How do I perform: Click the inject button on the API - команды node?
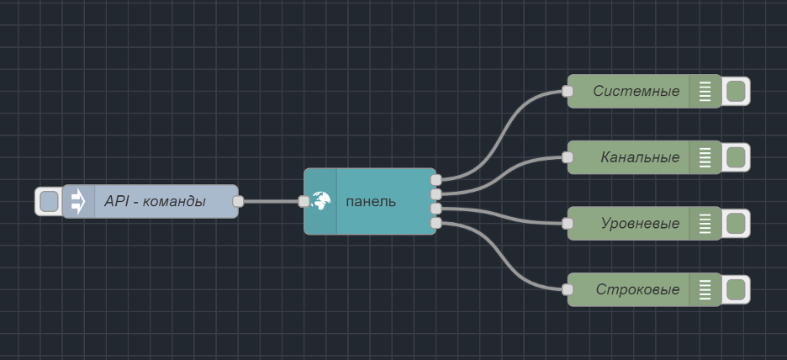pyautogui.click(x=49, y=202)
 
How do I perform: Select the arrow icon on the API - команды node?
pyautogui.click(x=78, y=202)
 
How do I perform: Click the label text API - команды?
pyautogui.click(x=155, y=202)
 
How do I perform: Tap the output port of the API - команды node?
pyautogui.click(x=238, y=202)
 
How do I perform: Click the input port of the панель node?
pyautogui.click(x=304, y=202)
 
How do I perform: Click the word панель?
pyautogui.click(x=371, y=202)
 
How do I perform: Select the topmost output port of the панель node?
pyautogui.click(x=436, y=179)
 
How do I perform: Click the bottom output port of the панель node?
pyautogui.click(x=436, y=223)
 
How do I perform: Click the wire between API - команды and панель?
pyautogui.click(x=271, y=202)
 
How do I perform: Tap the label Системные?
pyautogui.click(x=636, y=91)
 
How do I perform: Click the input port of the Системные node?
pyautogui.click(x=568, y=91)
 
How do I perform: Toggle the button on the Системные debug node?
pyautogui.click(x=736, y=91)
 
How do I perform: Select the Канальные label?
pyautogui.click(x=640, y=157)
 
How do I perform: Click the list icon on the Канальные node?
pyautogui.click(x=705, y=157)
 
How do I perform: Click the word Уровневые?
pyautogui.click(x=640, y=224)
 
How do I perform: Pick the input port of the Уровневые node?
pyautogui.click(x=568, y=224)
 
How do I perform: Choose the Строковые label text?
pyautogui.click(x=637, y=290)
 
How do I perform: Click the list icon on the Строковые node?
pyautogui.click(x=705, y=290)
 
